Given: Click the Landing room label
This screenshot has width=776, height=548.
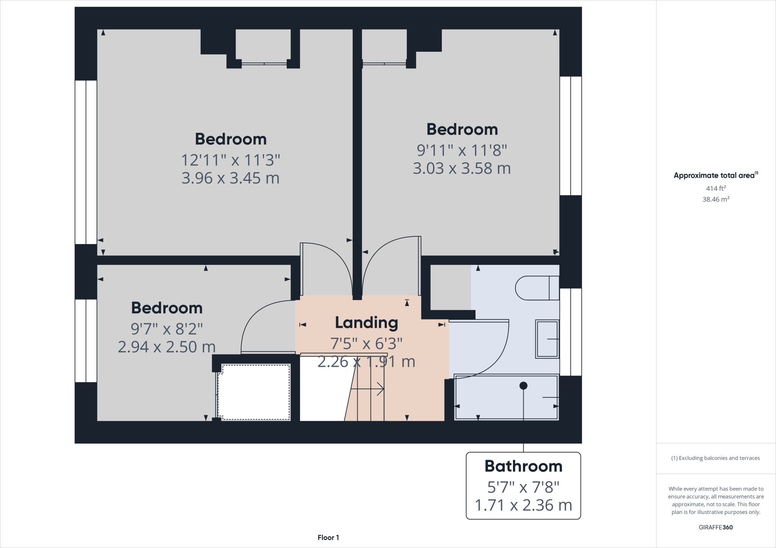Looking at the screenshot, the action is click(366, 323).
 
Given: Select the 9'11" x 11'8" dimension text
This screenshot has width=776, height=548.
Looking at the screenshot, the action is click(462, 151).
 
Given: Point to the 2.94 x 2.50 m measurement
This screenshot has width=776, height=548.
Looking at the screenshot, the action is click(167, 347).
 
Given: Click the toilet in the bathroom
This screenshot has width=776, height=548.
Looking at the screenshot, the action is click(537, 288).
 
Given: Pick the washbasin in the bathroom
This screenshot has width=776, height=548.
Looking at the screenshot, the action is click(547, 339).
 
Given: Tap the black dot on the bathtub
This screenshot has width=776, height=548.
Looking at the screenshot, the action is click(523, 386).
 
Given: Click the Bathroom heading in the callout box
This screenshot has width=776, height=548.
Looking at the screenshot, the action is click(523, 466).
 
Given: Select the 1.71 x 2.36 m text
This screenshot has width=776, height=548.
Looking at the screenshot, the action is click(523, 505).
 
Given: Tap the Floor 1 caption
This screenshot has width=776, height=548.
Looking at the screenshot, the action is click(328, 538).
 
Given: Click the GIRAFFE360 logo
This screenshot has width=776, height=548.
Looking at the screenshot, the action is click(716, 528).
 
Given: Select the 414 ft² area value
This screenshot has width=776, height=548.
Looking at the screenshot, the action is click(716, 188).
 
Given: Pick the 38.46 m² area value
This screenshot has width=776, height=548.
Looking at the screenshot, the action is click(716, 199).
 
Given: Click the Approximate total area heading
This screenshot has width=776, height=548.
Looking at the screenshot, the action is click(716, 175).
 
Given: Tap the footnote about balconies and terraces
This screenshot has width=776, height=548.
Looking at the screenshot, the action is click(715, 458).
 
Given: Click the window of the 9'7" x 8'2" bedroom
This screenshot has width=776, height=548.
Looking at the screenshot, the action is click(86, 341).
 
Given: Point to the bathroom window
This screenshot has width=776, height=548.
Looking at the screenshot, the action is click(571, 332).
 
